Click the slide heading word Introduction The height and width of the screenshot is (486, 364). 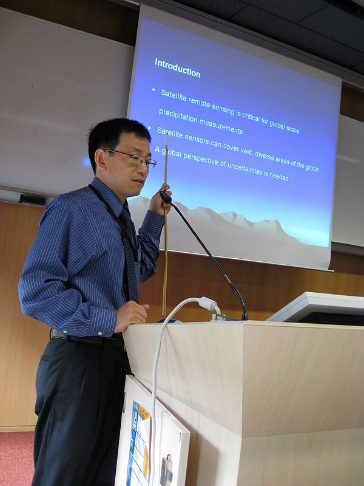pos(178,68)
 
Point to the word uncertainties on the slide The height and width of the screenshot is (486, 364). pos(245,169)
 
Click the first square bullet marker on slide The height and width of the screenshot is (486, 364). pos(153,89)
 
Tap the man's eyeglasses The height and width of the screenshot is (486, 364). pos(132,158)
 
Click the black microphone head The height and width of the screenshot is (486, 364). pos(165,197)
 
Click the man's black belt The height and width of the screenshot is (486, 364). pos(90,340)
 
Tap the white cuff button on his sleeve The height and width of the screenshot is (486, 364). pos(100,334)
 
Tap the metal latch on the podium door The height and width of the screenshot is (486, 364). pos(167,470)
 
